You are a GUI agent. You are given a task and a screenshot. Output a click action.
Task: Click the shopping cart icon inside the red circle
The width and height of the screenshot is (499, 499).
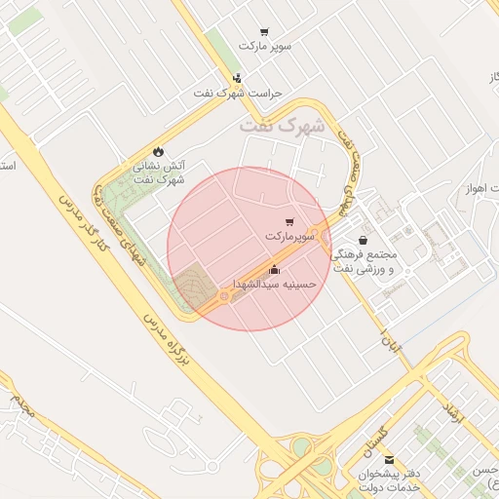point(288,223)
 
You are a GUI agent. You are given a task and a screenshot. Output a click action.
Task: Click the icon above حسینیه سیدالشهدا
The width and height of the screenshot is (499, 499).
point(274,270)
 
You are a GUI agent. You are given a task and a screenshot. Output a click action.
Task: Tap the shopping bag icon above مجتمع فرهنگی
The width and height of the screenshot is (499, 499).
point(364,239)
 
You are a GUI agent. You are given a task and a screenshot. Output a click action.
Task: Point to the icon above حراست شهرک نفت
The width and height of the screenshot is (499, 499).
point(238,78)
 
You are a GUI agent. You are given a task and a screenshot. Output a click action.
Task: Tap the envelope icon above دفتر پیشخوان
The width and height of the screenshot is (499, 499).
point(390,461)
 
